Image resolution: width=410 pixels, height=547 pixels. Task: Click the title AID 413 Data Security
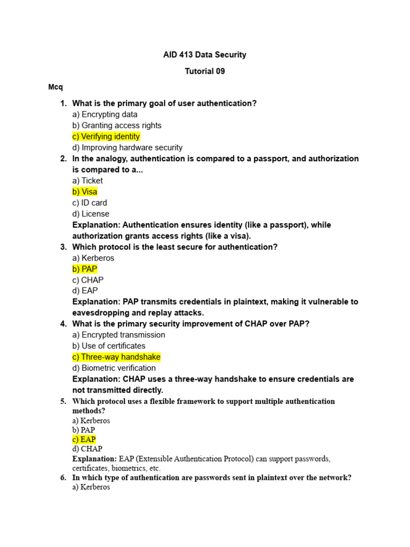204,54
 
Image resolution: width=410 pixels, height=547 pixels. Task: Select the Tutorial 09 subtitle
204,71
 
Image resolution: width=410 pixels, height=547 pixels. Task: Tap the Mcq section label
56,87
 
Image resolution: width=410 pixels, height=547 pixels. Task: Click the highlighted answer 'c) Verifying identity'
106,137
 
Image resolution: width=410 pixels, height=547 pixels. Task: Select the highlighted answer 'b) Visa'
85,192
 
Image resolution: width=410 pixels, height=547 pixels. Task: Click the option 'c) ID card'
90,203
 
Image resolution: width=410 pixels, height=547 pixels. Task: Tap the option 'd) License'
91,214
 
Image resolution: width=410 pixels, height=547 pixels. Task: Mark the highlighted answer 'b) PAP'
85,269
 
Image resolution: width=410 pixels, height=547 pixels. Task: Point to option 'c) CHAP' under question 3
88,280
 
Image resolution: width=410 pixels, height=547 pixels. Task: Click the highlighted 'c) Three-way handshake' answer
116,357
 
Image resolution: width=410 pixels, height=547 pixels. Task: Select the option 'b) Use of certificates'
109,346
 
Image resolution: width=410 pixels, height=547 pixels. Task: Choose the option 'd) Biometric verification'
114,368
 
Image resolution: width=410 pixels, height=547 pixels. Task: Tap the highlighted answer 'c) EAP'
84,440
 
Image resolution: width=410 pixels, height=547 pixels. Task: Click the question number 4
63,324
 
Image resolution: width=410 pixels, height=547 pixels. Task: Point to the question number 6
63,478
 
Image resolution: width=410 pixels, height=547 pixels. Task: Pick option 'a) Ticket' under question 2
88,181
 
